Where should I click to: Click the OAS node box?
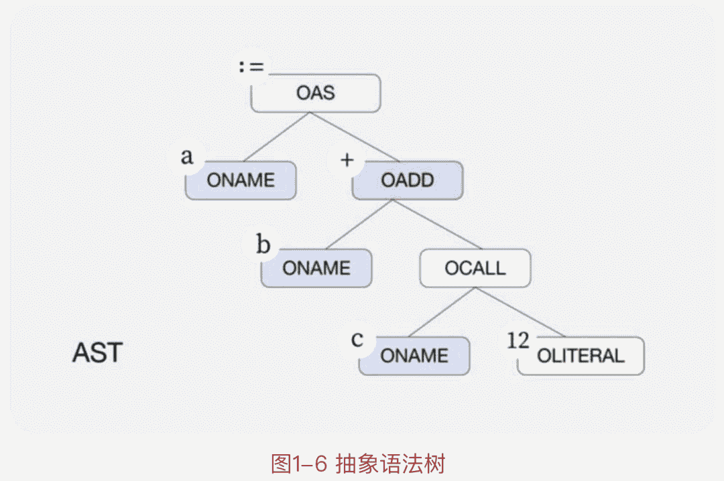click(316, 93)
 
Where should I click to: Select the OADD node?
click(408, 180)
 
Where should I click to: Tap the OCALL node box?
click(475, 268)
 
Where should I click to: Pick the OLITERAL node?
click(581, 356)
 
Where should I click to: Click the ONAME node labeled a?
click(241, 180)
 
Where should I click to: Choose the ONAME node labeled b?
click(316, 268)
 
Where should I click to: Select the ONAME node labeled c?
click(414, 356)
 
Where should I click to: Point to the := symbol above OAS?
click(252, 66)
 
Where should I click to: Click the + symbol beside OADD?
click(347, 160)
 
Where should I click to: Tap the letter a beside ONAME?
click(187, 157)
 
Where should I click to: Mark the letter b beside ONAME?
click(263, 245)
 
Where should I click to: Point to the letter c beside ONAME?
click(357, 338)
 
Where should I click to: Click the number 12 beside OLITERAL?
click(518, 340)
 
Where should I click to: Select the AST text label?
click(97, 353)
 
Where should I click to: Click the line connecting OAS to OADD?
click(354, 137)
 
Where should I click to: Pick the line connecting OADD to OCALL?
click(436, 224)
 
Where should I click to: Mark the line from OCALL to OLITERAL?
click(520, 313)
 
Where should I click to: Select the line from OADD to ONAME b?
click(360, 224)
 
